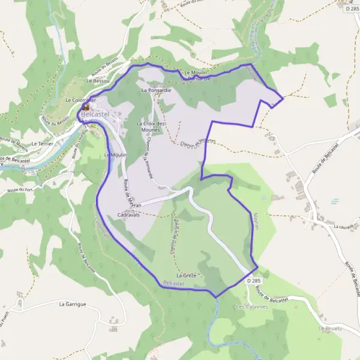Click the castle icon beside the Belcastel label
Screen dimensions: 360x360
pos(85,106)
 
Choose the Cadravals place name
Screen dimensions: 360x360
pos(129,214)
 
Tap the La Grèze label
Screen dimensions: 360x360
pos(186,275)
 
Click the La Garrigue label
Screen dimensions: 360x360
pos(73,304)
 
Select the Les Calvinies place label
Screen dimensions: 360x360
pos(250,307)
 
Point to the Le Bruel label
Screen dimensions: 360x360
pos(329,329)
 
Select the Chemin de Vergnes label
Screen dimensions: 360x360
pos(197,142)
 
